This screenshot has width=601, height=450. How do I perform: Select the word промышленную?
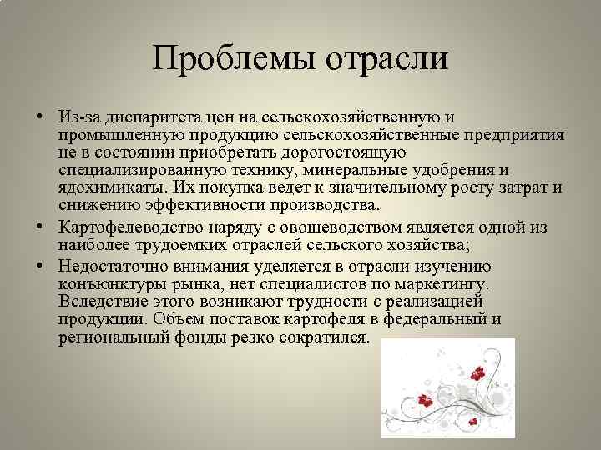click(x=110, y=134)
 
